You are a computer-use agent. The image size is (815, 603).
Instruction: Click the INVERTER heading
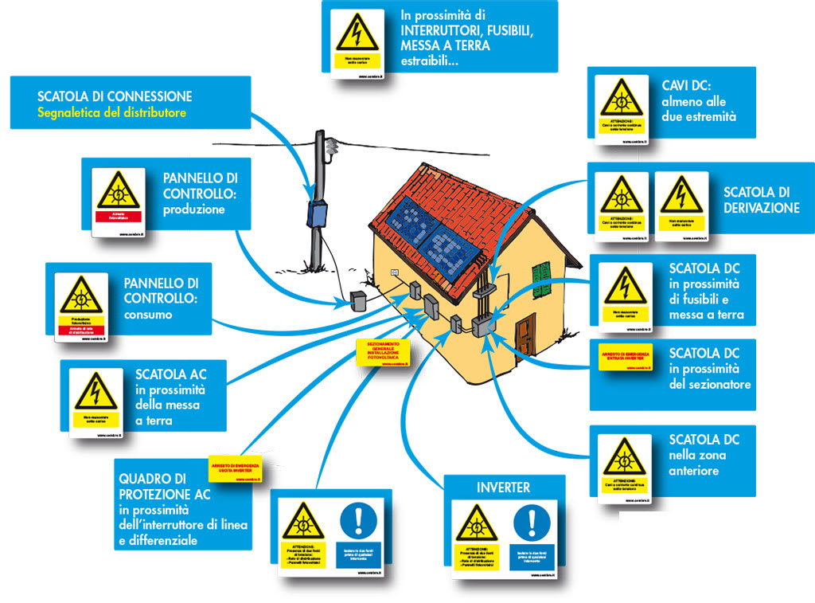tap(503, 487)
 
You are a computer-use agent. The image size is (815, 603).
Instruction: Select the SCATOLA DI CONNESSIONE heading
tap(115, 96)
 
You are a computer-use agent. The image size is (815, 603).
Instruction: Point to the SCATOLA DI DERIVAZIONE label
tap(761, 200)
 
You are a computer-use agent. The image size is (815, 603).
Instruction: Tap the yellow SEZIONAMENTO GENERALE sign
tap(383, 352)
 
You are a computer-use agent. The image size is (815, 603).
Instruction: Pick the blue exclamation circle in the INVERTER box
tap(532, 523)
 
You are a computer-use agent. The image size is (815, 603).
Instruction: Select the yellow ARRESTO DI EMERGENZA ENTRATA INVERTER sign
tap(625, 356)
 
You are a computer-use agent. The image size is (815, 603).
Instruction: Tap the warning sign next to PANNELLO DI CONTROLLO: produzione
tap(118, 191)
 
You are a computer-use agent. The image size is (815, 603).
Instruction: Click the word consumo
tap(148, 315)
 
